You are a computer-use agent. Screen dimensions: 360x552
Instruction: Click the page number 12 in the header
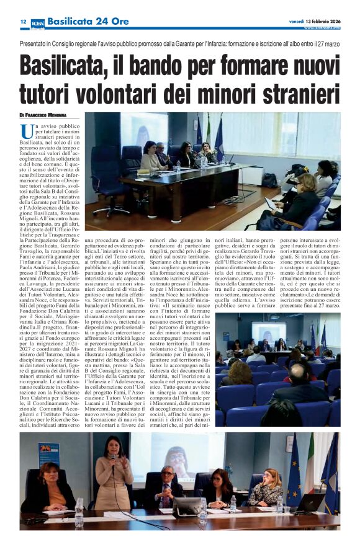click(22, 21)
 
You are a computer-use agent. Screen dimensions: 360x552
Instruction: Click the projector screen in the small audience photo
click(268, 332)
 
